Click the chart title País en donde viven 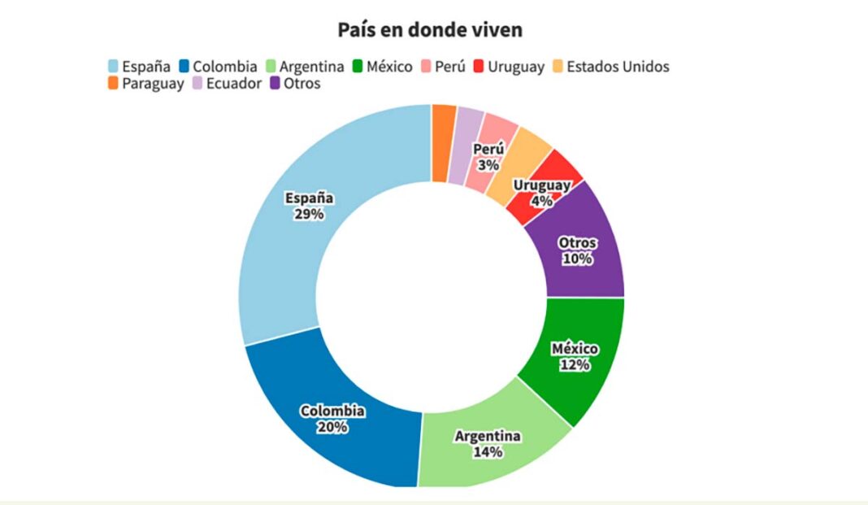[x=430, y=30]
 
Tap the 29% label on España [x=310, y=215]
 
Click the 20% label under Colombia [x=332, y=427]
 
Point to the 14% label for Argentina [x=488, y=451]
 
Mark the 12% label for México [x=575, y=365]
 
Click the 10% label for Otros [x=577, y=259]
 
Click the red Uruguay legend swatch [x=478, y=67]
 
